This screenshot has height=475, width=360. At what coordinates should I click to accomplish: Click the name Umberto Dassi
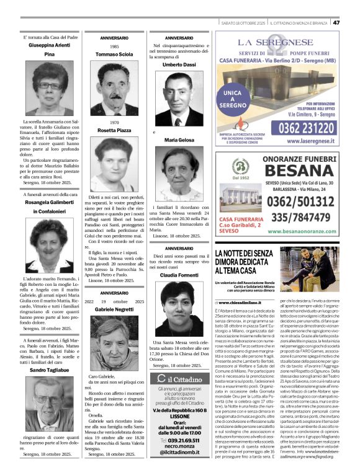point(179,64)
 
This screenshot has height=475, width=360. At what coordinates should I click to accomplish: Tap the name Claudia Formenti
point(179,275)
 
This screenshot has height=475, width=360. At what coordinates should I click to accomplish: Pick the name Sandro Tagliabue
point(48,370)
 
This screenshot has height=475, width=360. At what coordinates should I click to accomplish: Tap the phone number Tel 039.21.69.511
point(179,442)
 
